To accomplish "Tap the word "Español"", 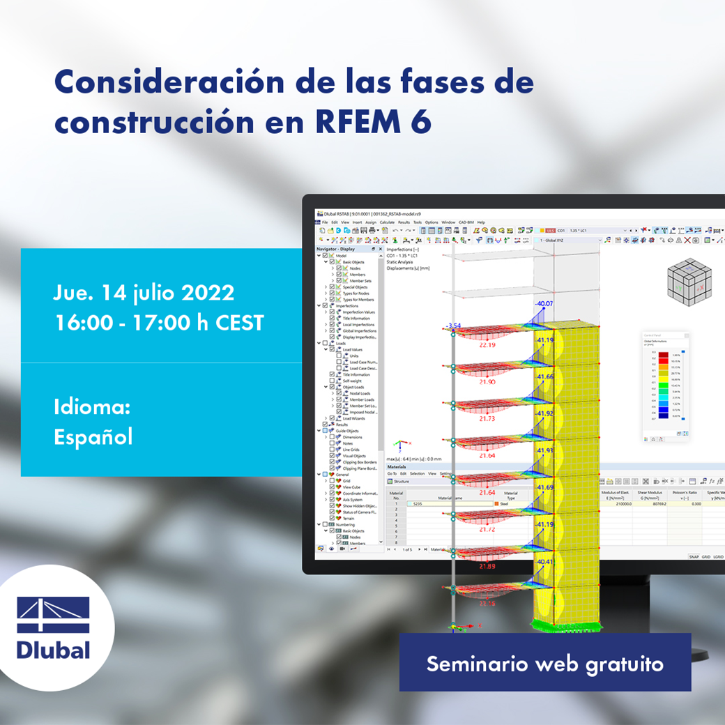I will tap(93, 437).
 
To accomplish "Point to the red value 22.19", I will tap(487, 344).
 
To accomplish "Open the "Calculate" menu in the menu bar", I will tap(387, 222).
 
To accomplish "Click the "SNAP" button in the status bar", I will tap(694, 557).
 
